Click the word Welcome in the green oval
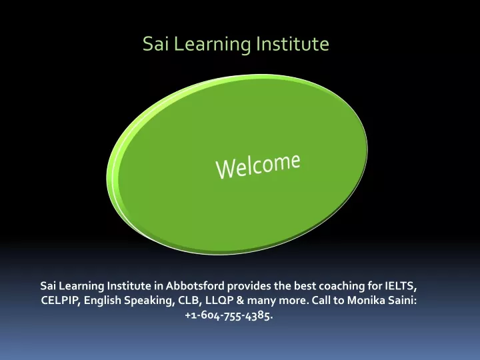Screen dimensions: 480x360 [x=258, y=165]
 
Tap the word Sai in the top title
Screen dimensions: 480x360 [x=156, y=43]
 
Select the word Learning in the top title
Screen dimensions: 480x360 [x=213, y=45]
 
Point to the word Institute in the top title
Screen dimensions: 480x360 [x=293, y=43]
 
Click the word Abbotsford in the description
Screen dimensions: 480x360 [x=195, y=285]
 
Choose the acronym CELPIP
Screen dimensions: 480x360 [x=60, y=300]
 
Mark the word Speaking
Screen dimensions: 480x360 [x=149, y=301]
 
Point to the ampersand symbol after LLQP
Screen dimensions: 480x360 [x=240, y=300]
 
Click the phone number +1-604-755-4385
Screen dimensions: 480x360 [x=229, y=315]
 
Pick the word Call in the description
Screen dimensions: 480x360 [x=321, y=300]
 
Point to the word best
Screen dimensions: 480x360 [x=305, y=285]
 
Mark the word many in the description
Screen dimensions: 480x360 [x=261, y=301]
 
